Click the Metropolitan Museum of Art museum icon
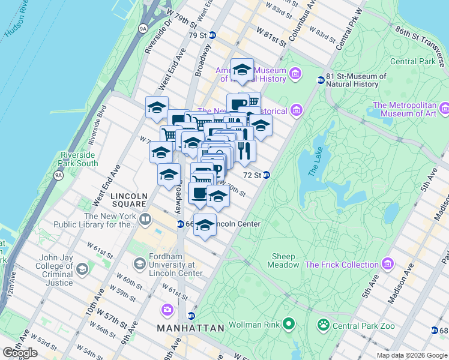444,109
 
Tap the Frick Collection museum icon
388,264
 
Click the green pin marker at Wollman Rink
289,325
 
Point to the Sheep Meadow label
283,260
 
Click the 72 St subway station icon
266,175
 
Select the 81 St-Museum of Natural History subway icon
321,80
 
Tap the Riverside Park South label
79,158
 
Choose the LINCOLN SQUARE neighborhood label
129,200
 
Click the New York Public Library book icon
145,220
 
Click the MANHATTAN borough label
190,328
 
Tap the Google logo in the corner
20,353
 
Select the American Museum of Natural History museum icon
295,74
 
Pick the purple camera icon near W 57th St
167,310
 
